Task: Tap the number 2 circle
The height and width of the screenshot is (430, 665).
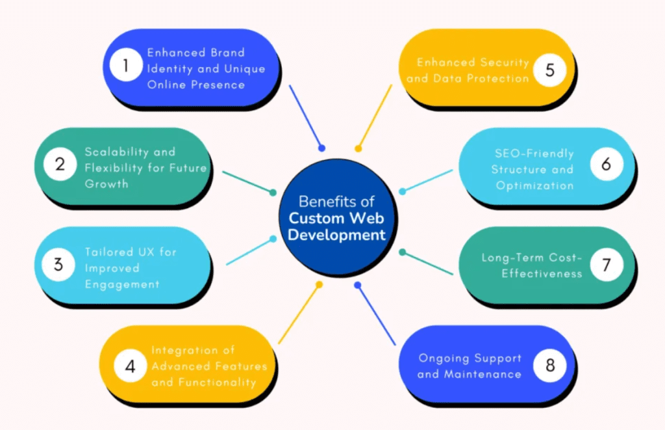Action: click(x=60, y=165)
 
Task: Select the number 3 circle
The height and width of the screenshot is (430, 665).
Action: click(x=59, y=265)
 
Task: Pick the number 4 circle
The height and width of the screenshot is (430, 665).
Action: click(x=131, y=366)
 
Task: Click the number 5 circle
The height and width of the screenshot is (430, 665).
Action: click(x=550, y=70)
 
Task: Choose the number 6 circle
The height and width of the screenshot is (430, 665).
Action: click(x=606, y=165)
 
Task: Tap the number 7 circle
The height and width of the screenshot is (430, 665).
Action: click(x=606, y=265)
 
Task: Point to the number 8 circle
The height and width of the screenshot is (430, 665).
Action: click(x=550, y=366)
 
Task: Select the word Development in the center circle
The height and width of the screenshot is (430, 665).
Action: click(x=336, y=235)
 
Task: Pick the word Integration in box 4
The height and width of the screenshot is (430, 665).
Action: click(x=184, y=351)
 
